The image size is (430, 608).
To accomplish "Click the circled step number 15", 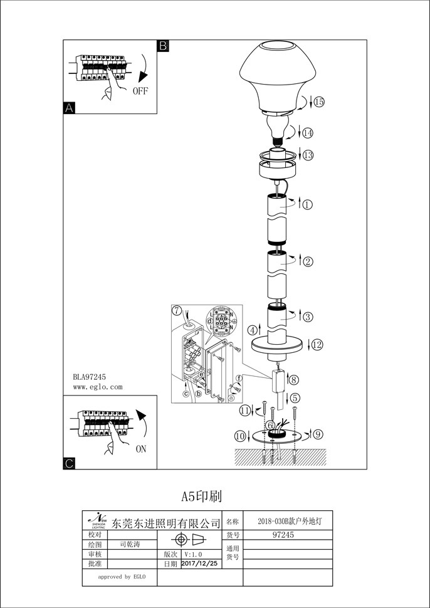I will (319, 102).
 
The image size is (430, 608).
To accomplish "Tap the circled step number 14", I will (307, 133).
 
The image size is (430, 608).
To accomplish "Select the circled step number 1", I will (307, 204).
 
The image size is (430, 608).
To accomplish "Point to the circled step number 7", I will (177, 310).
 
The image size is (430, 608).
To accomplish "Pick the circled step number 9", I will (318, 433).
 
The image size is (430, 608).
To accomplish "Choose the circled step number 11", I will (246, 411).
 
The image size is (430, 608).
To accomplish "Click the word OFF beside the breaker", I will (140, 91).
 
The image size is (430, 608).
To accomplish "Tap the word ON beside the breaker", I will (141, 449).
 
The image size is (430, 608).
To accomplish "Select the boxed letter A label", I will (70, 108).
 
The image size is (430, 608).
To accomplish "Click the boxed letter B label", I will (162, 46).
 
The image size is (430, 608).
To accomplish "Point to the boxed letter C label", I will (70, 463).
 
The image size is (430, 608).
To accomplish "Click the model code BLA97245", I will (89, 376).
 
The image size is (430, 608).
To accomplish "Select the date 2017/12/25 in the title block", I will (199, 564).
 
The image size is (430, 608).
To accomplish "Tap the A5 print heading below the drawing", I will (202, 496).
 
